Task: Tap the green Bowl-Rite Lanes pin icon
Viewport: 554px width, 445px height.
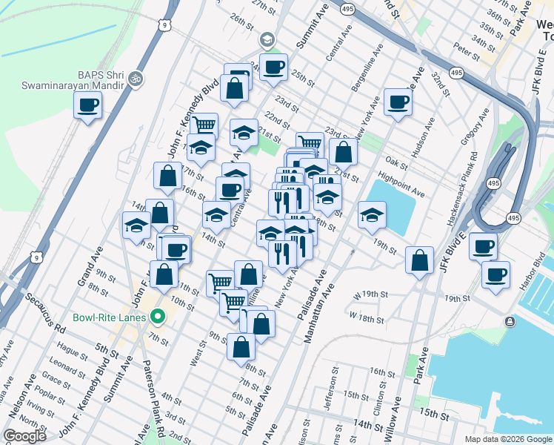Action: [157, 318]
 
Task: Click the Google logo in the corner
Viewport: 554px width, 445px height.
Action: [24, 435]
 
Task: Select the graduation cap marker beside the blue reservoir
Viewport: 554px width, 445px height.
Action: [372, 216]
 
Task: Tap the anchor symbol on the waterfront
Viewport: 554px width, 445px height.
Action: [510, 321]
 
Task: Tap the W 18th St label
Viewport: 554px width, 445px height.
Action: [367, 319]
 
